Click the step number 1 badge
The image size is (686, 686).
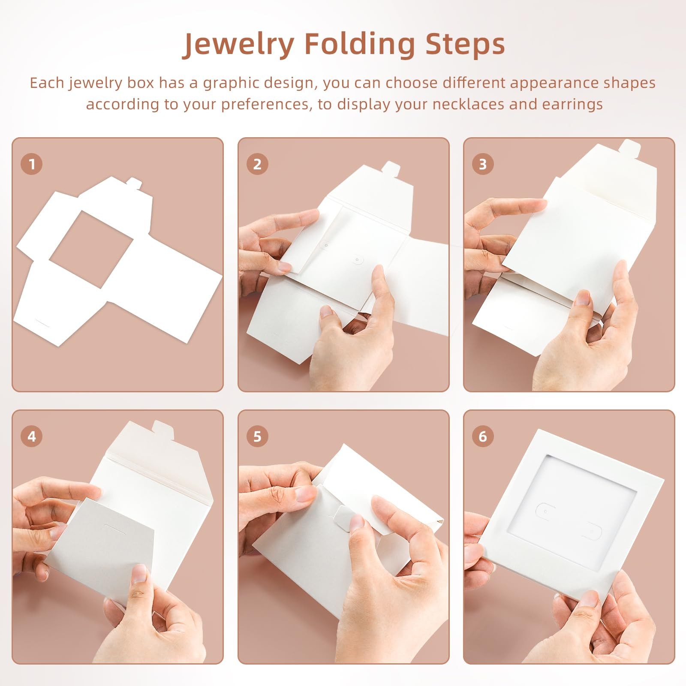point(31,164)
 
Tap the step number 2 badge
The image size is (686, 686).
point(257,164)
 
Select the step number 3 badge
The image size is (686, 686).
point(483,164)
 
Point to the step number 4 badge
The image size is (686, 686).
point(31,436)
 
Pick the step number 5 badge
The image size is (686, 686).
point(257,436)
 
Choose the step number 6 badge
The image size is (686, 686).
point(483,436)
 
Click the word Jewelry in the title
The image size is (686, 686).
point(239,45)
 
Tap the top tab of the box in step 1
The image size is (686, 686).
point(135,184)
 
